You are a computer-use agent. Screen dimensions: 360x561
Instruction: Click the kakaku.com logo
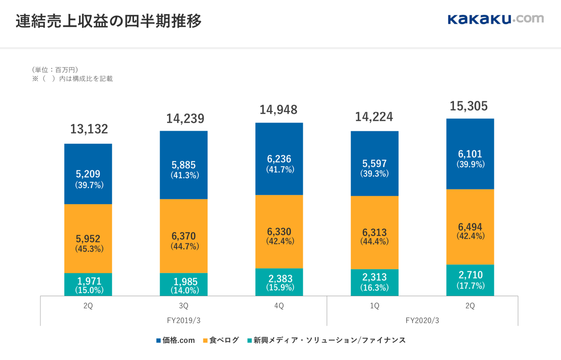(x=495, y=19)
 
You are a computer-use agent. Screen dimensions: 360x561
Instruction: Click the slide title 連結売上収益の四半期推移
(x=109, y=21)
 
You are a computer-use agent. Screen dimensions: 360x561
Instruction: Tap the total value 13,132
(x=89, y=129)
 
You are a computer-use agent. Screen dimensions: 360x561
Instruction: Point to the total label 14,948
(x=279, y=109)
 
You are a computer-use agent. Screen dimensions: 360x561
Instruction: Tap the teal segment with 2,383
(x=279, y=282)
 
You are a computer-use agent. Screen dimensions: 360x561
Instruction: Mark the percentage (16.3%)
(x=375, y=288)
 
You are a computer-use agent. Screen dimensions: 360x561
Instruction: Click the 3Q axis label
(x=184, y=306)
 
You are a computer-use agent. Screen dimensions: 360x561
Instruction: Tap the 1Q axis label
(x=375, y=306)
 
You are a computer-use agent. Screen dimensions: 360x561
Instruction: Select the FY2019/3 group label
(x=184, y=320)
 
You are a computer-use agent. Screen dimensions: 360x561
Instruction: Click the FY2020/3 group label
(x=422, y=320)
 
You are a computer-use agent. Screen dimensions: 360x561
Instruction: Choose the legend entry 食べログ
(x=221, y=340)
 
